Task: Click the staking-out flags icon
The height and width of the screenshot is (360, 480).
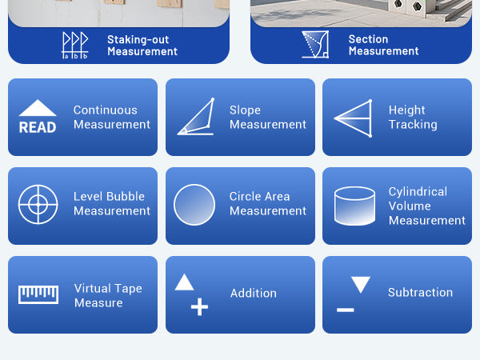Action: pyautogui.click(x=75, y=46)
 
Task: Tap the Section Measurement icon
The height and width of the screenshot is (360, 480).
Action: pyautogui.click(x=315, y=44)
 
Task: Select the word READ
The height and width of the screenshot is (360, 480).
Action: pyautogui.click(x=38, y=127)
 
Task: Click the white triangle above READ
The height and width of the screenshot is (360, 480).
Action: pyautogui.click(x=38, y=108)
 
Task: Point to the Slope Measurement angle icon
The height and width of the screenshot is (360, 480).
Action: pyautogui.click(x=196, y=117)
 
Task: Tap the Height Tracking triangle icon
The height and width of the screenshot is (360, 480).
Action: pyautogui.click(x=353, y=118)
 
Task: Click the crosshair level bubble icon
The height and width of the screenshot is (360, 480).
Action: pyautogui.click(x=38, y=204)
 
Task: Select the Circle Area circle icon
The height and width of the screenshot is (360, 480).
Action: pyautogui.click(x=194, y=205)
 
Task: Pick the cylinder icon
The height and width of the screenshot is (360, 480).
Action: pyautogui.click(x=354, y=206)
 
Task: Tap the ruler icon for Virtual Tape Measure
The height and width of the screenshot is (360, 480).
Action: pyautogui.click(x=38, y=294)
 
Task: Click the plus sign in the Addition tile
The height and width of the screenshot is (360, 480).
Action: pyautogui.click(x=199, y=306)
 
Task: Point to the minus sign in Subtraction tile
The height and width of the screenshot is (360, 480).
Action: pyautogui.click(x=346, y=310)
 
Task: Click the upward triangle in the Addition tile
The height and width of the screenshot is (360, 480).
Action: pyautogui.click(x=184, y=282)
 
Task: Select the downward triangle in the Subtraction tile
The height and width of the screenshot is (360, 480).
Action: pyautogui.click(x=361, y=285)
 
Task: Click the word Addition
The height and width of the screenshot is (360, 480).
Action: pyautogui.click(x=254, y=294)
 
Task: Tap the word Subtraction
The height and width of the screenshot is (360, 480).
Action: pyautogui.click(x=420, y=292)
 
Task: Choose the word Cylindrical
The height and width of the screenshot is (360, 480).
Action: pyautogui.click(x=418, y=192)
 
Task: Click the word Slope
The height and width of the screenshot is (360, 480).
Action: pyautogui.click(x=246, y=110)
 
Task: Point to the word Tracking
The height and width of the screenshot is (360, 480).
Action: pyautogui.click(x=413, y=125)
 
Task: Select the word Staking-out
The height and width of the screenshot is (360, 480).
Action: pyautogui.click(x=138, y=40)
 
